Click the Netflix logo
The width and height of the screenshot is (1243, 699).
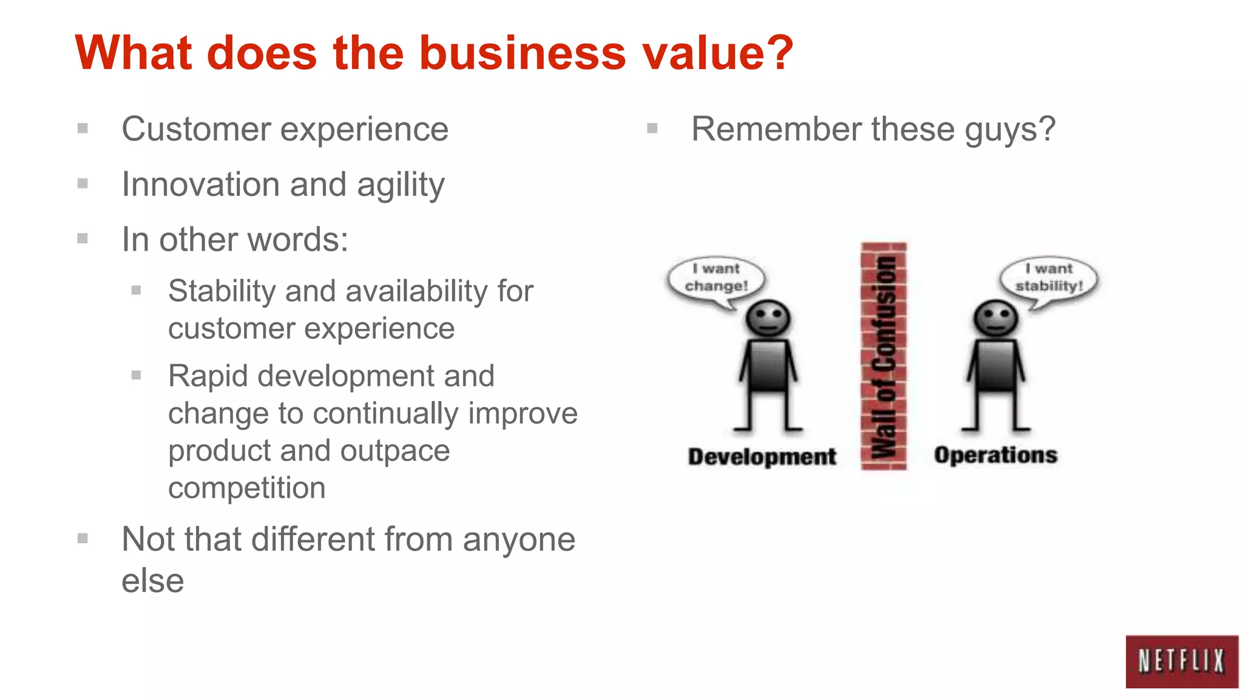click(x=1181, y=661)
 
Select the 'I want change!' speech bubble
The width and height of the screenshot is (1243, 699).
click(x=716, y=279)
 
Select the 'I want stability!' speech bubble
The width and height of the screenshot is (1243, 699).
click(x=1049, y=279)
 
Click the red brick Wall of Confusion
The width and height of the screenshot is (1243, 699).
click(x=884, y=357)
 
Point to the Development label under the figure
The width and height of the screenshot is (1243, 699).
click(x=762, y=456)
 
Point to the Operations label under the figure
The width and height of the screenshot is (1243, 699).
click(x=995, y=455)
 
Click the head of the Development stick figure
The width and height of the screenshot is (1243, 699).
click(x=768, y=318)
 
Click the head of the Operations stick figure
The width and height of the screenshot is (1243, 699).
click(x=995, y=318)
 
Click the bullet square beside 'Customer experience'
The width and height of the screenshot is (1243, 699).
click(x=83, y=129)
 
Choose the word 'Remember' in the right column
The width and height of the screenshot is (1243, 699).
click(x=776, y=129)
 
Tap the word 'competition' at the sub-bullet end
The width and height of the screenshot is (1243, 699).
click(x=246, y=488)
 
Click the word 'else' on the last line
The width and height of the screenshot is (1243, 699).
click(x=152, y=581)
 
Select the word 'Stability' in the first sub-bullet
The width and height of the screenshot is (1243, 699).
click(x=221, y=291)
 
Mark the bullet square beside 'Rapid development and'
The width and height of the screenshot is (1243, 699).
click(x=137, y=376)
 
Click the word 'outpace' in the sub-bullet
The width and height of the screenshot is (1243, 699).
click(x=395, y=451)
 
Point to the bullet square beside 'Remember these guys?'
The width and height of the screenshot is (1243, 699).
click(x=652, y=129)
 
